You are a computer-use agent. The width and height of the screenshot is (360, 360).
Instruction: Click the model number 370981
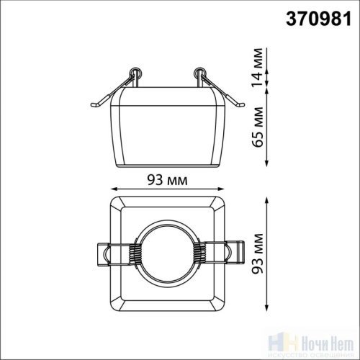coord(318,19)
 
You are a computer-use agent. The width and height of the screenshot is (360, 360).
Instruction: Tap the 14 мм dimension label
coord(258,67)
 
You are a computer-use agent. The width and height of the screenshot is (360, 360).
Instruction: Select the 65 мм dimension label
coord(258,127)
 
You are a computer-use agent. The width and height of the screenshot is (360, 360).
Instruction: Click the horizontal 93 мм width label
coord(167,180)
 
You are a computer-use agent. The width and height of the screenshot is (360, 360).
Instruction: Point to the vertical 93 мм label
coord(258,253)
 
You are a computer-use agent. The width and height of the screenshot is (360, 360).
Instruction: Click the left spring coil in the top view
coord(135,254)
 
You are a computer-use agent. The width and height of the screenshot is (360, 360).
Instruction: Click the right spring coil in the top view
coord(200,254)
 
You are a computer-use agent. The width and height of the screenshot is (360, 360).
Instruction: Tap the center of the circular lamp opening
coord(168,254)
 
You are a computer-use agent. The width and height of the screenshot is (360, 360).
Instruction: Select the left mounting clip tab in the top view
coord(103,254)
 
